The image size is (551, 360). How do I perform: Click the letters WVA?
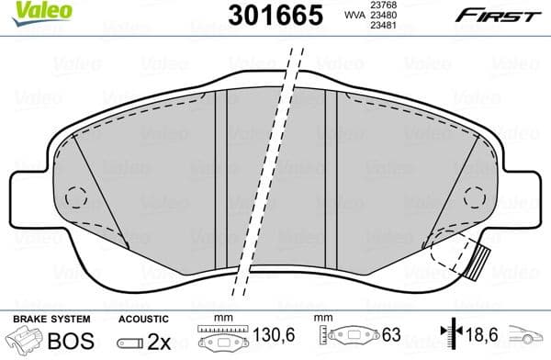(x=353, y=17)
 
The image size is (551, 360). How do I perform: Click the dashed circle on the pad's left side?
(x=75, y=197)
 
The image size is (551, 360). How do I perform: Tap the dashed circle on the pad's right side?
(x=475, y=197)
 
